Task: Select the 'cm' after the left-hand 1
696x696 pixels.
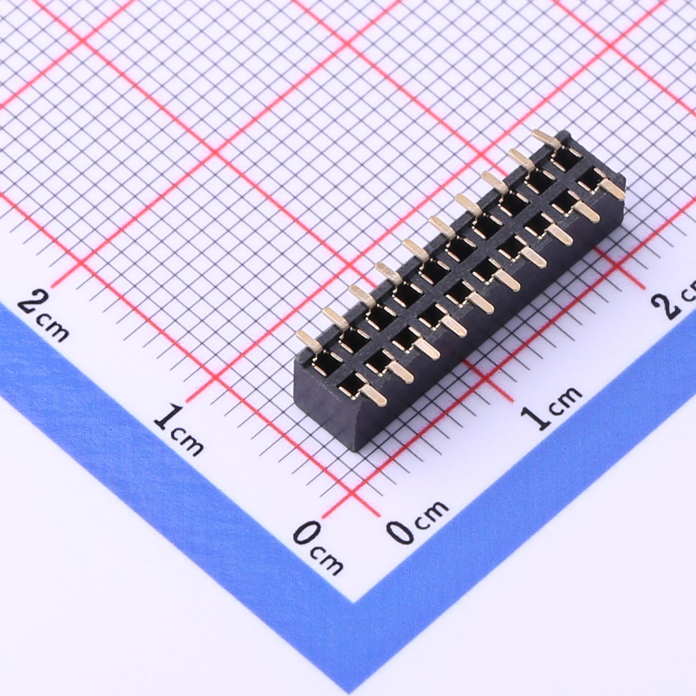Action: click(x=186, y=442)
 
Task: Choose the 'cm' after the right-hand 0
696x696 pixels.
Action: click(x=432, y=515)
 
